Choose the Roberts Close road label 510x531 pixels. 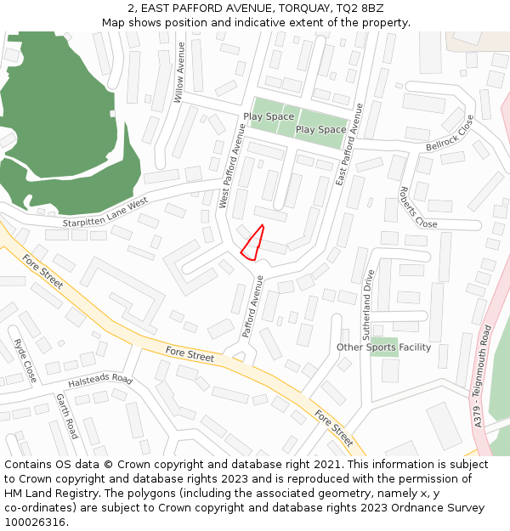418,207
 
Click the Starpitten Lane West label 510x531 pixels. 105,213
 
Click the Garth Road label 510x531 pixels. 67,415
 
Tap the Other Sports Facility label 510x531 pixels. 383,347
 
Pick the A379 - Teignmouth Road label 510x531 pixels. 483,375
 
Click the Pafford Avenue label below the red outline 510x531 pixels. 252,306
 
